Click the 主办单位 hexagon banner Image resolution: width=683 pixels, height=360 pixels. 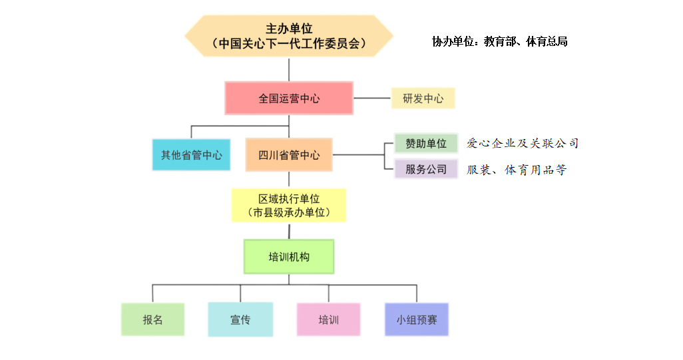288,35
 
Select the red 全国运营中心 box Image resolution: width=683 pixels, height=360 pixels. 288,98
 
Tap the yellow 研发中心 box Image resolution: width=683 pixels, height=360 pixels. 423,98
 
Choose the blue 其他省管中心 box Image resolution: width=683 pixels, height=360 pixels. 191,155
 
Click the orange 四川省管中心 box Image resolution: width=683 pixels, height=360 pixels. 288,155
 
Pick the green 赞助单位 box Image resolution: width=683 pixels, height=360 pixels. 425,143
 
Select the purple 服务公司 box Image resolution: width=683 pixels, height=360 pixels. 425,169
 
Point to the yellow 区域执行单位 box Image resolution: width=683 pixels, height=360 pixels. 288,206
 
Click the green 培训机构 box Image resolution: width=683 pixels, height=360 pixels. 288,257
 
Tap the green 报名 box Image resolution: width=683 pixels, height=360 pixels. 152,319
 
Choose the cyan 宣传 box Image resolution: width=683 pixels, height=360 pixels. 240,319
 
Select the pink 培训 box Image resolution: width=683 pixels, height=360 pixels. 328,319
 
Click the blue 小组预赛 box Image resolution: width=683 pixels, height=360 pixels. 417,319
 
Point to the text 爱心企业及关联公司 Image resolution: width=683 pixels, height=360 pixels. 523,143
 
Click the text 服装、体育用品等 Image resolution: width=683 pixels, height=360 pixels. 517,170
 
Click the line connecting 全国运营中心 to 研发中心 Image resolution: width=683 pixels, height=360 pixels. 371,98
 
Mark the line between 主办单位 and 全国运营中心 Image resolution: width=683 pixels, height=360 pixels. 288,69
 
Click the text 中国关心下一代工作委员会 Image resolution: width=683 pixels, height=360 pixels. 288,44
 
